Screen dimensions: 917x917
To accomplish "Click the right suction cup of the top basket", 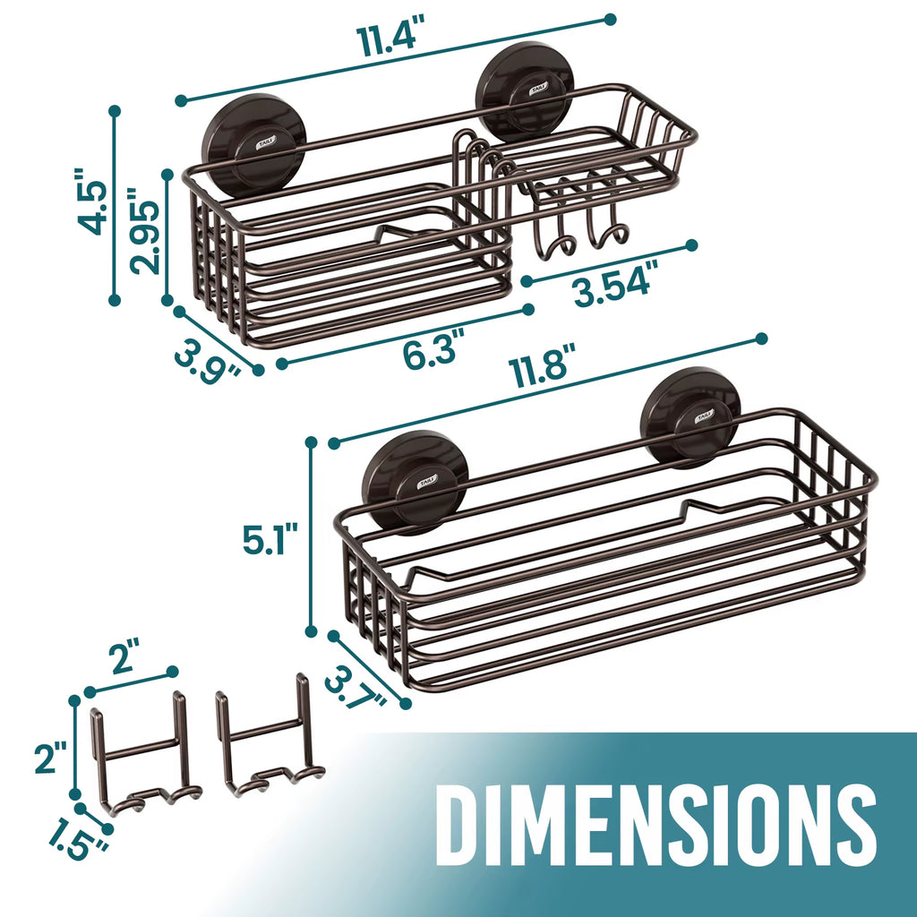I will [525, 90].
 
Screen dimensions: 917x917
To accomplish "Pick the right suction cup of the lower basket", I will [691, 417].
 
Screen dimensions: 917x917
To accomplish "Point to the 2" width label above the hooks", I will [125, 661].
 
